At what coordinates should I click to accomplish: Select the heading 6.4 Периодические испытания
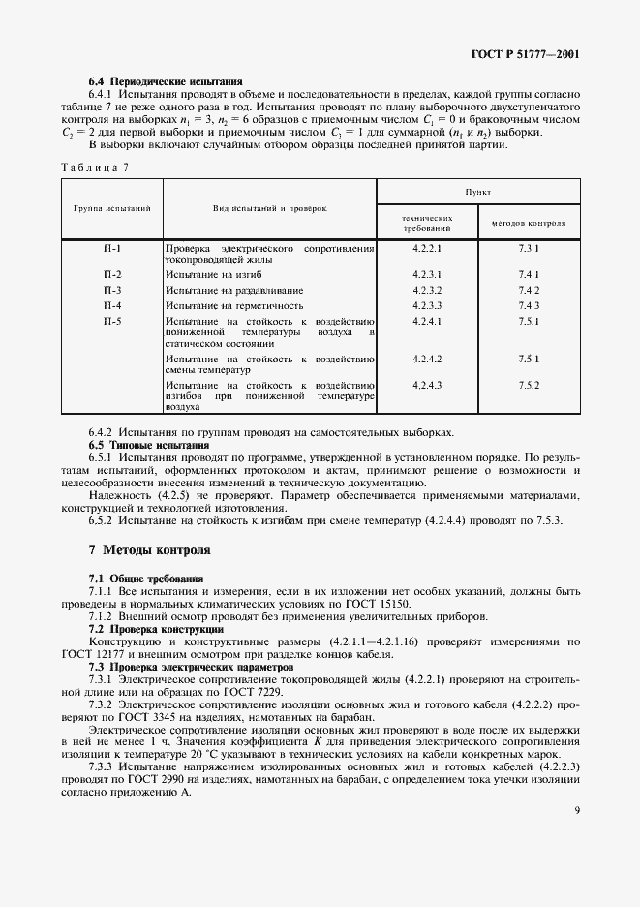coord(165,81)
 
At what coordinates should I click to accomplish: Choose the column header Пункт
coord(477,193)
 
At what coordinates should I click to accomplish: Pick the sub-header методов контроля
coord(529,222)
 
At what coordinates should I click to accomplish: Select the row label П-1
coord(111,249)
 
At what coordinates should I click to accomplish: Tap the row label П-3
coord(111,290)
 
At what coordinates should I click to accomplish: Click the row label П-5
coord(111,320)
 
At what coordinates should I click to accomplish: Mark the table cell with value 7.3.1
coord(529,249)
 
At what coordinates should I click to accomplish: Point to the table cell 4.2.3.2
coord(427,290)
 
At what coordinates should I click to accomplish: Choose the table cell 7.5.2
coord(529,385)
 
